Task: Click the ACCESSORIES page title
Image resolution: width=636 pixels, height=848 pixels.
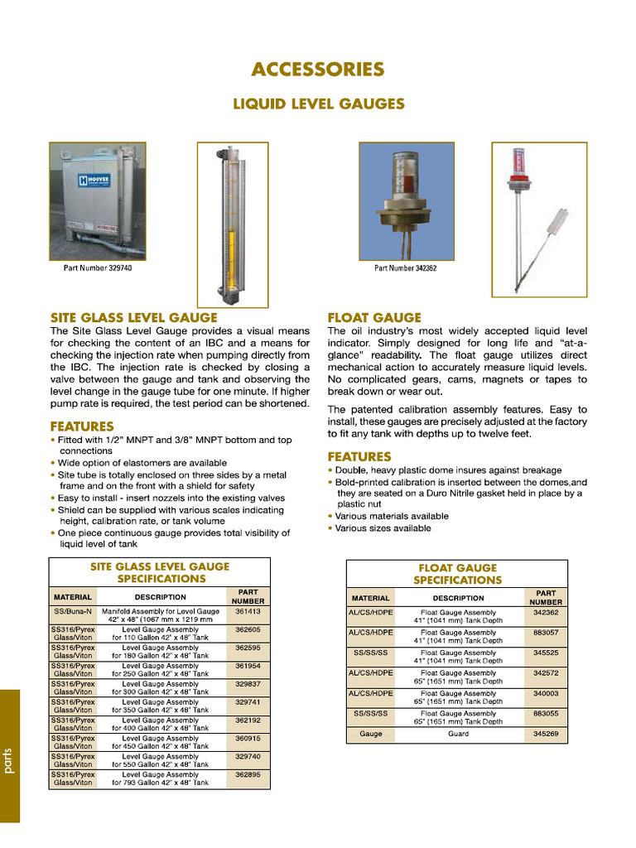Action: click(x=318, y=70)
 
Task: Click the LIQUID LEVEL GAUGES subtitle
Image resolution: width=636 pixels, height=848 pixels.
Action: click(x=318, y=104)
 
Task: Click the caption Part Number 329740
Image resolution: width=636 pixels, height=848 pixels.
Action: click(x=98, y=268)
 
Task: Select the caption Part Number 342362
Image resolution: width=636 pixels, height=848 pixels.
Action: click(x=406, y=268)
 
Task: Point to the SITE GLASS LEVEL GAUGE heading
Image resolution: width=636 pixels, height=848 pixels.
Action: click(x=134, y=318)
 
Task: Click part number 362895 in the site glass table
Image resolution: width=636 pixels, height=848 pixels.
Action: click(x=248, y=775)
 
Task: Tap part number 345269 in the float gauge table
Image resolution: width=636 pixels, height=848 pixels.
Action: click(x=546, y=734)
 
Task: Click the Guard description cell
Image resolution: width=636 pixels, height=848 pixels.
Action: click(x=458, y=734)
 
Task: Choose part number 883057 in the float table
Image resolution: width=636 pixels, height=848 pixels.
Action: click(x=546, y=632)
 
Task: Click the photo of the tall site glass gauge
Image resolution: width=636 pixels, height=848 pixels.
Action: click(x=221, y=224)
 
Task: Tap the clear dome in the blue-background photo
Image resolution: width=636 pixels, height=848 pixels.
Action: click(x=407, y=174)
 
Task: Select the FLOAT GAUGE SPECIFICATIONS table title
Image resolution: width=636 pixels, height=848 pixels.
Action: click(x=458, y=574)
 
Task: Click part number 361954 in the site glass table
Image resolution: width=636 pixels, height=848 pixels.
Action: click(x=248, y=666)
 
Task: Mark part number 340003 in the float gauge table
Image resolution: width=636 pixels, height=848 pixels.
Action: click(x=546, y=693)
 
